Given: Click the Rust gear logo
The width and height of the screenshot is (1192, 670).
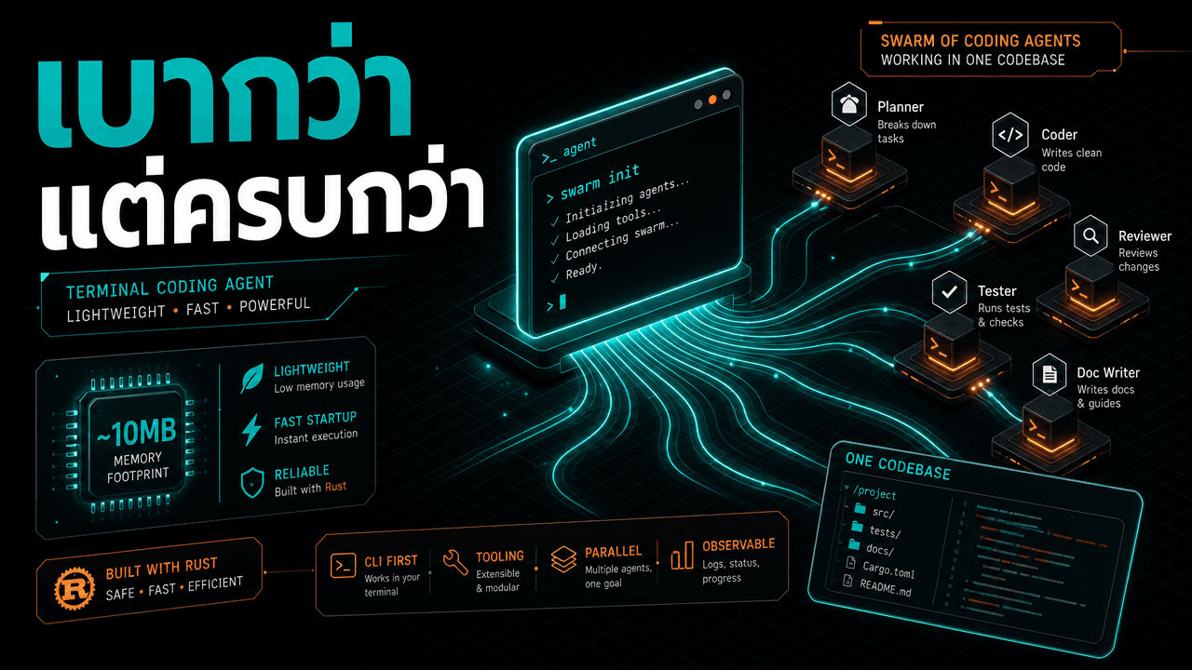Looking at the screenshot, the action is click(x=74, y=588).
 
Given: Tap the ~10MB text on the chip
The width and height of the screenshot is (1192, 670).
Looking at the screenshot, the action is click(x=136, y=432).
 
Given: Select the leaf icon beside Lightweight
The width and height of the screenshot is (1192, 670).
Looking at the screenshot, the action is click(x=251, y=378).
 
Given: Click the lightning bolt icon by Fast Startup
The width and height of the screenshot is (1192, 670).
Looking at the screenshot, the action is click(x=251, y=430).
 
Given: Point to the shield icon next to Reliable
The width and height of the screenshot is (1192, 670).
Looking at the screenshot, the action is click(x=252, y=482).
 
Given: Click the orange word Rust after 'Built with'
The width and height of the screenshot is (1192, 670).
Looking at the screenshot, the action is click(x=336, y=486).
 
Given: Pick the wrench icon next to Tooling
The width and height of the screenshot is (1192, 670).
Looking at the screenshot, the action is click(x=455, y=562).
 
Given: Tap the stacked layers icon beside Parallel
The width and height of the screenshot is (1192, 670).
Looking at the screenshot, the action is click(x=563, y=559).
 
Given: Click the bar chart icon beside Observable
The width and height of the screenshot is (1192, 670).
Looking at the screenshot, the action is click(x=683, y=556).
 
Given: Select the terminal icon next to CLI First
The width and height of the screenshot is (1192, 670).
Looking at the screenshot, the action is click(x=344, y=565).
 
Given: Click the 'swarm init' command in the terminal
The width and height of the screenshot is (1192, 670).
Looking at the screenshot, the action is click(x=600, y=181).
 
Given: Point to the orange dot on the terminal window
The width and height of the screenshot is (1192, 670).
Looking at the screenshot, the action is click(x=712, y=100).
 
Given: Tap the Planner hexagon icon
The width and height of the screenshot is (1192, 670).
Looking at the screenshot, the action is click(x=849, y=103).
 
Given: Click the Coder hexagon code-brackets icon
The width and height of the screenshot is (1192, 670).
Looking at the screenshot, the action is click(x=1010, y=135).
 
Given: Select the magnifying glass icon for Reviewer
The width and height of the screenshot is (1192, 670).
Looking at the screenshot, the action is click(x=1090, y=235).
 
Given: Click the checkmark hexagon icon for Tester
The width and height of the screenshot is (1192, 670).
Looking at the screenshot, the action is click(x=949, y=291).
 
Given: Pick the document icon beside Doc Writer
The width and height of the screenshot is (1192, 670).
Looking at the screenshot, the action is click(x=1050, y=374).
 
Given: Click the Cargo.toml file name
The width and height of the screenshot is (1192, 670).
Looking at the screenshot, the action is click(x=888, y=569).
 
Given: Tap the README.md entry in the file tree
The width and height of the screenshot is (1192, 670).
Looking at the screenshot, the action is click(x=886, y=587).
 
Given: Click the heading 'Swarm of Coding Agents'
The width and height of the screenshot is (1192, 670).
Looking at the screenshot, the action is click(x=981, y=41).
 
